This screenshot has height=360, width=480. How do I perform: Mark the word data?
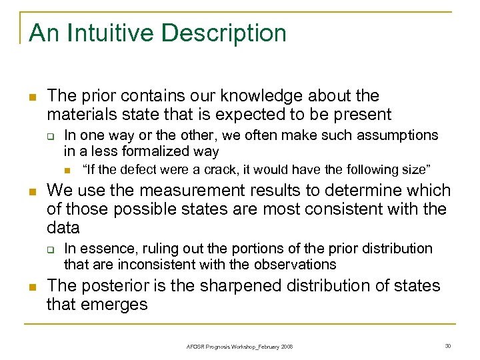pyautogui.click(x=63, y=228)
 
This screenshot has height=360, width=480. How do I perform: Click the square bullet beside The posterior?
pyautogui.click(x=29, y=287)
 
